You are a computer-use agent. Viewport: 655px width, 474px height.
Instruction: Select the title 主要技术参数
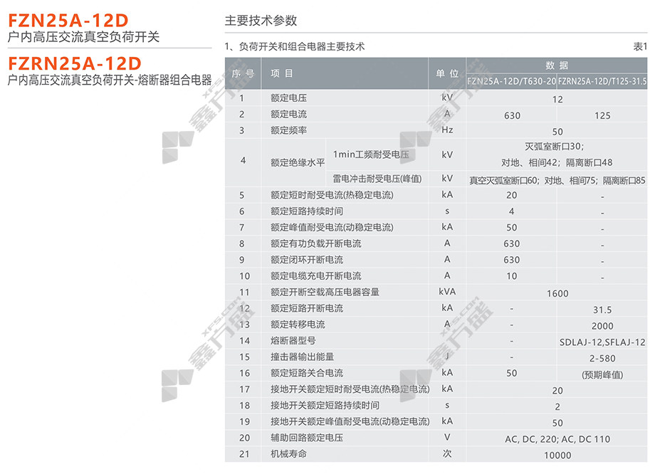click(261, 21)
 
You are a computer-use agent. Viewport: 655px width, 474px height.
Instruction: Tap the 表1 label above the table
click(640, 47)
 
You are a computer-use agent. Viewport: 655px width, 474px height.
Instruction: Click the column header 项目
click(282, 73)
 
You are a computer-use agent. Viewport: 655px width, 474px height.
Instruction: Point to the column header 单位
click(447, 73)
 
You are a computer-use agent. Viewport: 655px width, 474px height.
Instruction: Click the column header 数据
click(557, 65)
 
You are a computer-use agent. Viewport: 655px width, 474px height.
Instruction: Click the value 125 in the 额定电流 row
click(602, 115)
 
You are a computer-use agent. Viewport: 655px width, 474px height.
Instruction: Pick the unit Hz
click(447, 130)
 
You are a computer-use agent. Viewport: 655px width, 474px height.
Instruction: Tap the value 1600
click(557, 293)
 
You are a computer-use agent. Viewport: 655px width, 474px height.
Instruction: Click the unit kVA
click(447, 292)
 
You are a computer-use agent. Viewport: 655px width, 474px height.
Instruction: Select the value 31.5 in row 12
click(602, 310)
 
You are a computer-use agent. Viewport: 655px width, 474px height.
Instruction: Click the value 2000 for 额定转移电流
click(602, 326)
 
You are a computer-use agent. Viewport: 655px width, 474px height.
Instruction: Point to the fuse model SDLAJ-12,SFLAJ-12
click(602, 342)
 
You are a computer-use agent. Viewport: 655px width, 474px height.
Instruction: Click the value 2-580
click(602, 358)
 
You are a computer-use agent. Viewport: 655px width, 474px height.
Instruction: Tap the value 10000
click(557, 455)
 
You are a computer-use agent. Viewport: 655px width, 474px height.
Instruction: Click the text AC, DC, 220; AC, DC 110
click(557, 439)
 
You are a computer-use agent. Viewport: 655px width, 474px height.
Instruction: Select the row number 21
click(244, 454)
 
